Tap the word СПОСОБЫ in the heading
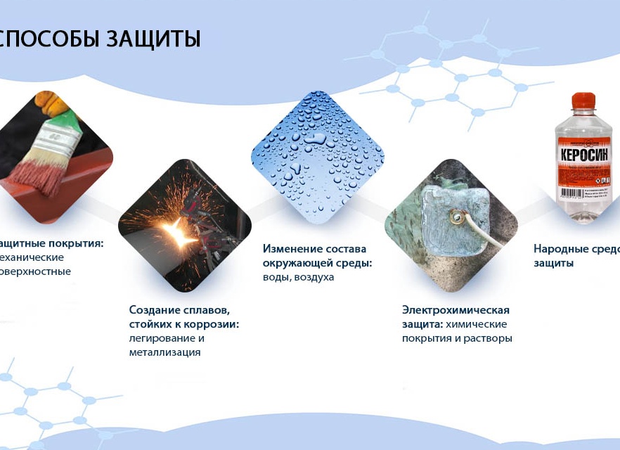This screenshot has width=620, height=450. (47, 39)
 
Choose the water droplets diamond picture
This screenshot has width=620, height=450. (317, 155)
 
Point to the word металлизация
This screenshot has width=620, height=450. (164, 352)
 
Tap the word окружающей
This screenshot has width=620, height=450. (293, 263)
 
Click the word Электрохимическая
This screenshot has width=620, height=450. (456, 310)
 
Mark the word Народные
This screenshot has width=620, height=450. (558, 249)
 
